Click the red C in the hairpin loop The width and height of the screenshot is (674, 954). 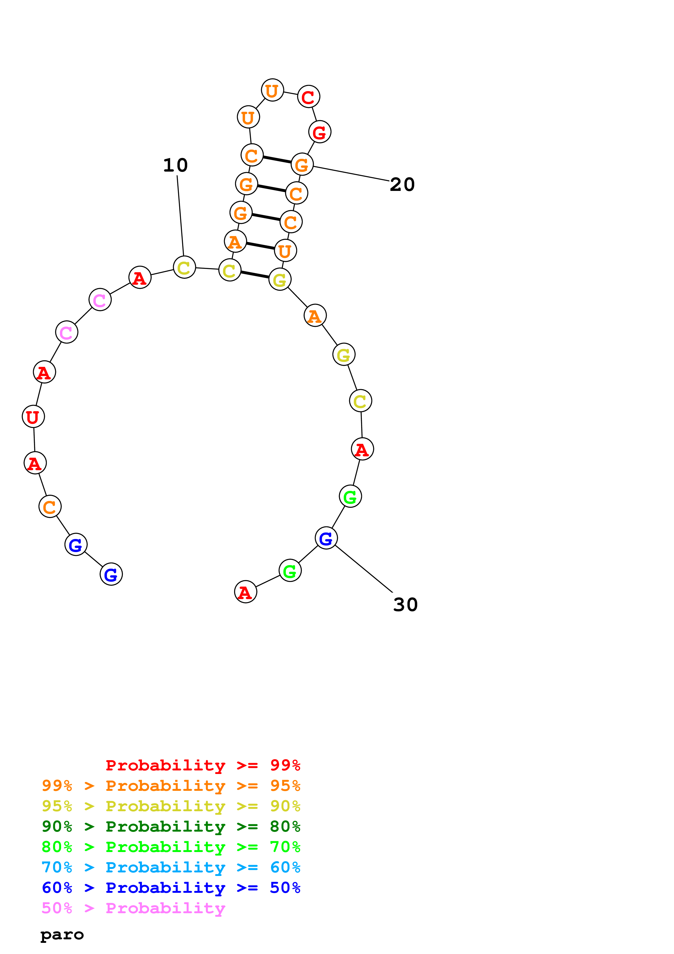308,97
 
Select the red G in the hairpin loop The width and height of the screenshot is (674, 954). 319,132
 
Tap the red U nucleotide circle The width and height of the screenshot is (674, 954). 33,416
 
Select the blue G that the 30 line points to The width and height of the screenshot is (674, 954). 326,538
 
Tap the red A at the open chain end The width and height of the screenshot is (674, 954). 246,592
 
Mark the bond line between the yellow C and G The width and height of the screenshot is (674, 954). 254,275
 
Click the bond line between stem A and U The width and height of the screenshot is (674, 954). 260,246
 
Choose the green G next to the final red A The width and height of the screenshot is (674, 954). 290,571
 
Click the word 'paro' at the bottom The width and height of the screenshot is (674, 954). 62,935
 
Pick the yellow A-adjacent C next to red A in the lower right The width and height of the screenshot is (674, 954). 360,401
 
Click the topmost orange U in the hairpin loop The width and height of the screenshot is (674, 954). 272,90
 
